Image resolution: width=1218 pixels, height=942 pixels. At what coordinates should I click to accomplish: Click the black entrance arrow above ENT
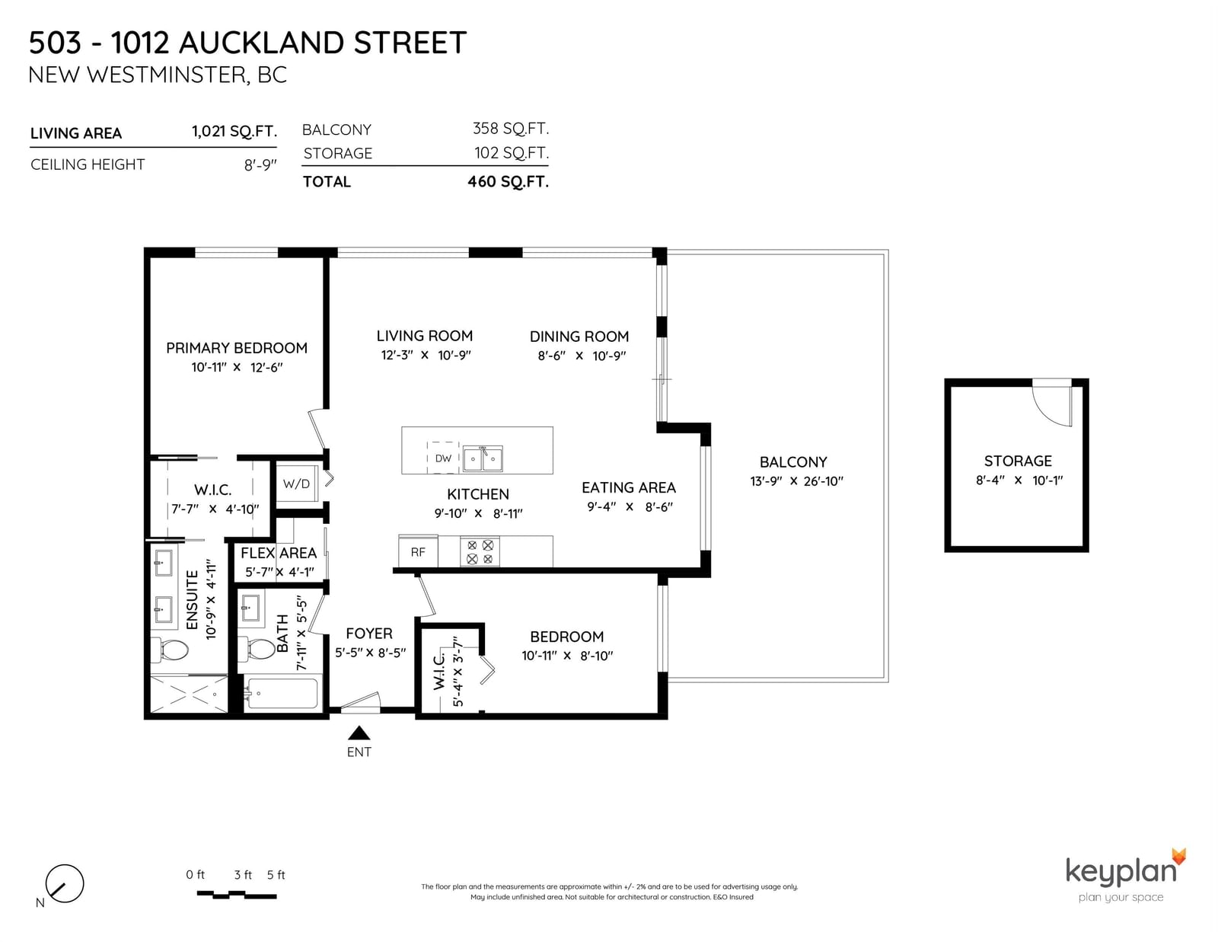point(359,733)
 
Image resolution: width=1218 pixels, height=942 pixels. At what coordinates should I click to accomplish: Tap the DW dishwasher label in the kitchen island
point(443,458)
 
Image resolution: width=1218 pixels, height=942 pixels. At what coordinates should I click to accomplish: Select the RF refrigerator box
point(418,552)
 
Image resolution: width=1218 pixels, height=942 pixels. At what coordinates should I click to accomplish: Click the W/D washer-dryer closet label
point(296,484)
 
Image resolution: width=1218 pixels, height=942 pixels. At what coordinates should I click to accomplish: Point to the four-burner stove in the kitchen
point(480,552)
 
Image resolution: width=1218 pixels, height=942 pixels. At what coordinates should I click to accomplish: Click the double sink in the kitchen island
point(483,458)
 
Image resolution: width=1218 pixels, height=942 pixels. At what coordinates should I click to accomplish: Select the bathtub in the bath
point(282,694)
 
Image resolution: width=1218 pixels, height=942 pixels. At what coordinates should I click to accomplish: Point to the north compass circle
point(65,883)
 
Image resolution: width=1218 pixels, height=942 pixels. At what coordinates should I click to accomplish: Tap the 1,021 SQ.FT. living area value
point(234,132)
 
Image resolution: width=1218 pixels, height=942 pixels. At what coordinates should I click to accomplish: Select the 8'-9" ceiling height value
point(260,164)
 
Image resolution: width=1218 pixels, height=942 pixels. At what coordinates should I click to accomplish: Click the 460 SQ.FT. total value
point(508,182)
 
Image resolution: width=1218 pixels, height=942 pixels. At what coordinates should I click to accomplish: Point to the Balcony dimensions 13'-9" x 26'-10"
point(796,481)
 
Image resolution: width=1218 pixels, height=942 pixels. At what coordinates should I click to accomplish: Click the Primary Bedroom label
point(237,348)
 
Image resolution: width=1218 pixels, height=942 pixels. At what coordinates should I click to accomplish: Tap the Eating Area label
point(628,488)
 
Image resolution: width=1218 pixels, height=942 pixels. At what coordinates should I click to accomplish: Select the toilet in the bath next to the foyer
point(257,649)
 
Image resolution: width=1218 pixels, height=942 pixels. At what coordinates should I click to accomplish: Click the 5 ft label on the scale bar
point(276,875)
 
